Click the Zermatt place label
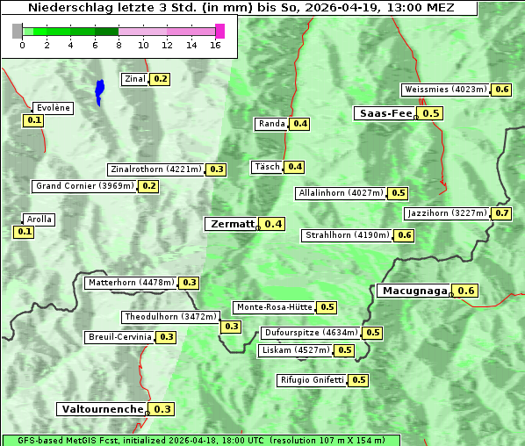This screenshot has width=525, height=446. (x=231, y=224)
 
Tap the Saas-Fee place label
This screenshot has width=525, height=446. (x=385, y=113)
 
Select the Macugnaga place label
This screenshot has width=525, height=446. (x=413, y=291)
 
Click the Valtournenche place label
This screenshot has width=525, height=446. (x=101, y=409)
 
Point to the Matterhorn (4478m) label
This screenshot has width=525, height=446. (x=130, y=283)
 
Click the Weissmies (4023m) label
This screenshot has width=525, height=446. (x=445, y=90)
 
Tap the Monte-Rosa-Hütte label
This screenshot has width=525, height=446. (x=274, y=307)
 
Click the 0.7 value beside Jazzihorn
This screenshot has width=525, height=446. (x=502, y=213)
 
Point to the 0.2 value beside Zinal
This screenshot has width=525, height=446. (x=160, y=79)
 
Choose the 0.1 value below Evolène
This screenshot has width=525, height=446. (x=34, y=120)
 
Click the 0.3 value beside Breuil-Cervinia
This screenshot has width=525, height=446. (x=166, y=337)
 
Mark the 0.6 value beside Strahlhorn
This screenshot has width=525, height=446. (x=404, y=235)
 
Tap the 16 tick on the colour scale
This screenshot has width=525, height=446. (x=215, y=46)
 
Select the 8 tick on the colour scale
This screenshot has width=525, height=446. (x=119, y=46)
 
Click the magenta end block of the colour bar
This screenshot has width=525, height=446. (x=219, y=31)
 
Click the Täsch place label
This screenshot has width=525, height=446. (x=266, y=167)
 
